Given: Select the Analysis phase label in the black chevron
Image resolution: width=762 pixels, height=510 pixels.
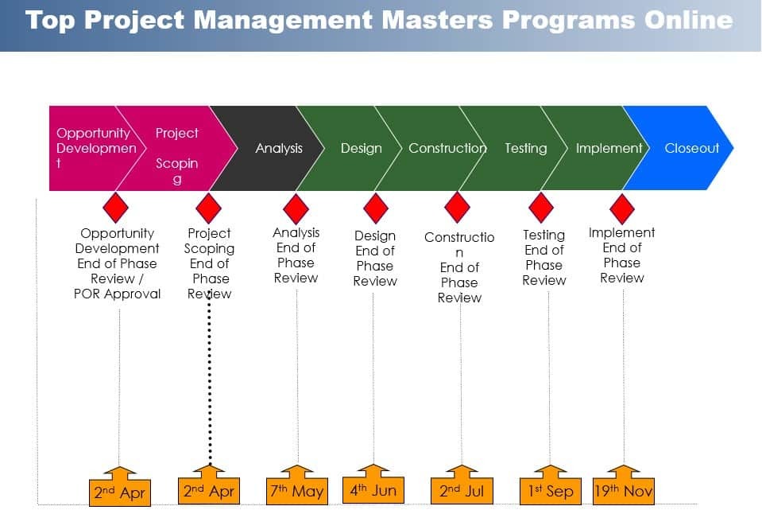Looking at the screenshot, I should point(279,148).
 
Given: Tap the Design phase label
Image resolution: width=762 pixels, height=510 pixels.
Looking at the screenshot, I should point(361,148).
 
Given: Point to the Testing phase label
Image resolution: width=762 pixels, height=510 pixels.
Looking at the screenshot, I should point(525,148).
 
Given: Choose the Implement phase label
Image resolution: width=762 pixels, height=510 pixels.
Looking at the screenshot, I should point(609,148).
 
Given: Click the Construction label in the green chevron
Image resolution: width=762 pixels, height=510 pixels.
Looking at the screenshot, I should point(447,148).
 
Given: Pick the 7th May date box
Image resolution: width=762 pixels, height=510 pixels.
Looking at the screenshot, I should point(296,491).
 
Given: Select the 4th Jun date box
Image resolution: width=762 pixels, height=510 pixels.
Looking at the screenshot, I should point(373,489).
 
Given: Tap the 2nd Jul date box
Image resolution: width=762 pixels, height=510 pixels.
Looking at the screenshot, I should point(462,491).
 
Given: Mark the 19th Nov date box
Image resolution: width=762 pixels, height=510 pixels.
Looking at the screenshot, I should point(624,491).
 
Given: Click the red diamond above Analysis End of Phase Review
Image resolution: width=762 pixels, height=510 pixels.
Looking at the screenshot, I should point(296,208).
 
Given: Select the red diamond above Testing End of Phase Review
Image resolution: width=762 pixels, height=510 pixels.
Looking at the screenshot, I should point(541,208).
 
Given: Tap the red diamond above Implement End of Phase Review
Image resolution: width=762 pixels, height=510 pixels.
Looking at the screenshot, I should point(621,208).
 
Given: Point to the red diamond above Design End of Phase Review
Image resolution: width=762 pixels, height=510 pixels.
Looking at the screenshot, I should point(376,208).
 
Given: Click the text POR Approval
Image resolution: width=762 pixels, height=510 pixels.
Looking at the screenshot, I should point(118,294).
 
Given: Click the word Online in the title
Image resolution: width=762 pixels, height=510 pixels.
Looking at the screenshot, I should point(687,20).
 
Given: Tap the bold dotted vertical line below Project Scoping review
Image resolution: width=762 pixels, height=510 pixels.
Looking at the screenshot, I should point(209,382).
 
